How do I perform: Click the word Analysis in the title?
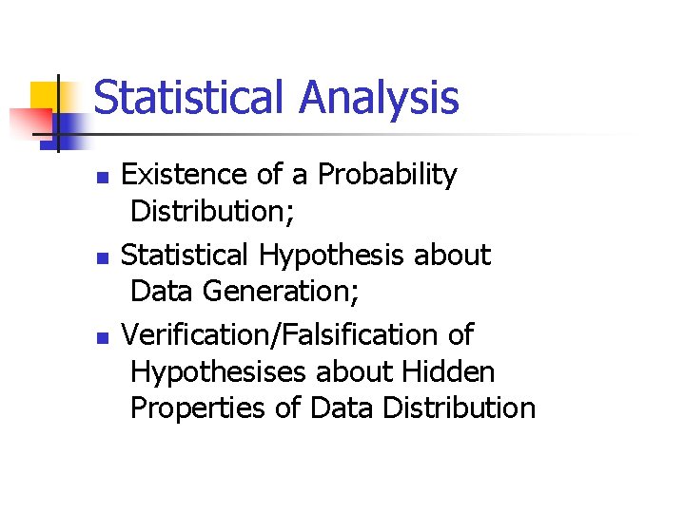[x=379, y=98]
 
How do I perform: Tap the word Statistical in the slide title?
[x=189, y=98]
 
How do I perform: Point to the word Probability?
[x=387, y=175]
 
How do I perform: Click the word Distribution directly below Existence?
[x=211, y=211]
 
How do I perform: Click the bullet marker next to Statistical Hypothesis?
[x=104, y=257]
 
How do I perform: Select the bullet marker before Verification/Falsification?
[x=104, y=337]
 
